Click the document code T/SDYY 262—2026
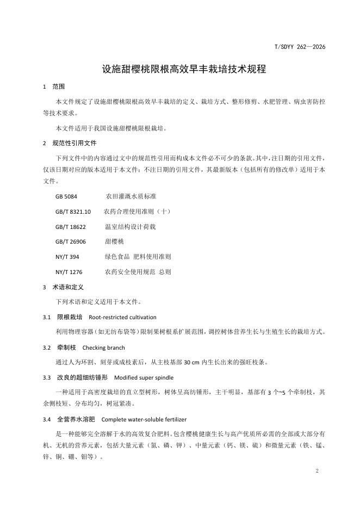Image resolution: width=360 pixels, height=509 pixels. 300,47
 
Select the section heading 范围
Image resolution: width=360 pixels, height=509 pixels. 59,86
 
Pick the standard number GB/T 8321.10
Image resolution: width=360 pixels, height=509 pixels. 73,210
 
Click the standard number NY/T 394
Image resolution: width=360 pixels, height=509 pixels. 67,256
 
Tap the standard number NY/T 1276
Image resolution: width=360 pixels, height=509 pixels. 69,271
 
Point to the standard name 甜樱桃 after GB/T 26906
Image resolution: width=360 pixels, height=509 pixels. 115,241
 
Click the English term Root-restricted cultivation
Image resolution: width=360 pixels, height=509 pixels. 122,317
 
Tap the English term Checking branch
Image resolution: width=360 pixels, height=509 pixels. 103,347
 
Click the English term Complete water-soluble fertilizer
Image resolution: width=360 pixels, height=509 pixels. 150,419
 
